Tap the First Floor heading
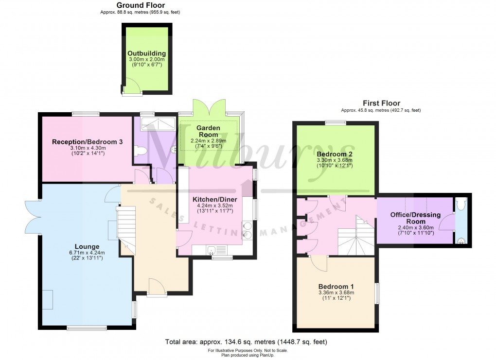pos(381,103)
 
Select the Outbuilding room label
pos(146,53)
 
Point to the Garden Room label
pos(208,131)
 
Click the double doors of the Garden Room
pos(210,107)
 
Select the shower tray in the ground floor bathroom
pos(156,124)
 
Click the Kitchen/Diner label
pos(208,200)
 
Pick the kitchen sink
pos(213,251)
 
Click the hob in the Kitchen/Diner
pos(247,230)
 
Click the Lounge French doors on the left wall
pos(34,216)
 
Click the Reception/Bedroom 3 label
pos(87,142)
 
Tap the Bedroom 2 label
pos(335,154)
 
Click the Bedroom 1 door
pos(319,263)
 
